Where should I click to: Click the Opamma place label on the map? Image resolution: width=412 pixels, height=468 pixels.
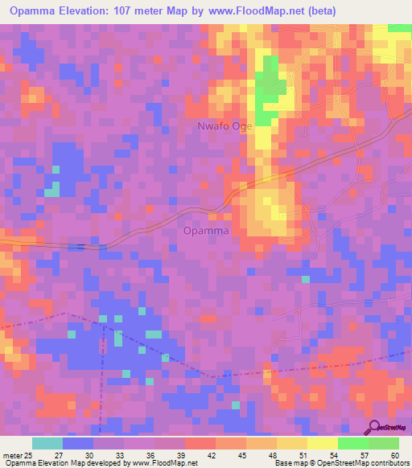click(206, 231)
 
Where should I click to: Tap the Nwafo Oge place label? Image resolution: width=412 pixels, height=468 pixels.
click(225, 126)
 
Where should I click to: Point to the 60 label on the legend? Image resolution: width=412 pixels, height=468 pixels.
click(393, 455)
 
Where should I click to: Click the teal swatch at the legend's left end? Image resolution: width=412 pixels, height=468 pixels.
click(47, 443)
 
